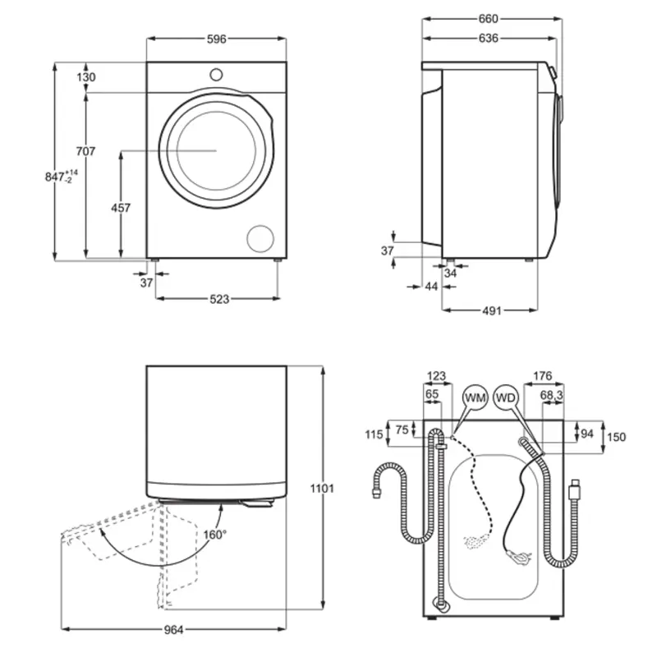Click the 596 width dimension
pos(216,39)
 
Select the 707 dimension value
pos(85,151)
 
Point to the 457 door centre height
pos(121,208)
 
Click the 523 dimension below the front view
pos(218,299)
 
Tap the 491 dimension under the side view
pos(491,310)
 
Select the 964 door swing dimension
pos(172,630)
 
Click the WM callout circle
pos(476,398)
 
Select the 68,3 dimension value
pos(551,395)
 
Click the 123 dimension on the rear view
pos(436,376)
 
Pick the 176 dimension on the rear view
pos(543,376)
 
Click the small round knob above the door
pos(216,73)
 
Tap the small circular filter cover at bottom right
pos(262,237)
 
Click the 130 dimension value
pos(86,77)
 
